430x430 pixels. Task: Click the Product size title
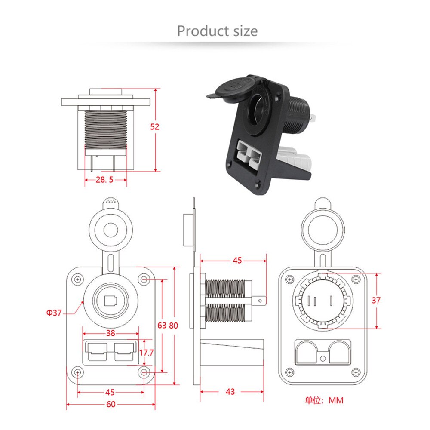[x=217, y=31]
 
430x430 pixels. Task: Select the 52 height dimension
[x=155, y=126]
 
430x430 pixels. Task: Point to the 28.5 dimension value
[x=104, y=180]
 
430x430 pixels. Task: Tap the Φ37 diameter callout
[x=55, y=313]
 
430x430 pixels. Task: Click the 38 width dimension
[x=111, y=333]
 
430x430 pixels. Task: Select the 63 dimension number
[x=162, y=326]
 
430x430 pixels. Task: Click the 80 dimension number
[x=173, y=326]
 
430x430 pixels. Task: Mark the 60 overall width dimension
[x=111, y=404]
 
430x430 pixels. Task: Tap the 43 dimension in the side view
[x=230, y=392]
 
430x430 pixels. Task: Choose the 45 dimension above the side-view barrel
[x=237, y=260]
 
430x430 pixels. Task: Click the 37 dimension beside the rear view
[x=376, y=301]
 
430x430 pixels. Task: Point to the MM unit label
[x=336, y=400]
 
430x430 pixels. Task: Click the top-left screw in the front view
[x=77, y=279]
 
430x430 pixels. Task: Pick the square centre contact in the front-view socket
[x=111, y=300]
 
